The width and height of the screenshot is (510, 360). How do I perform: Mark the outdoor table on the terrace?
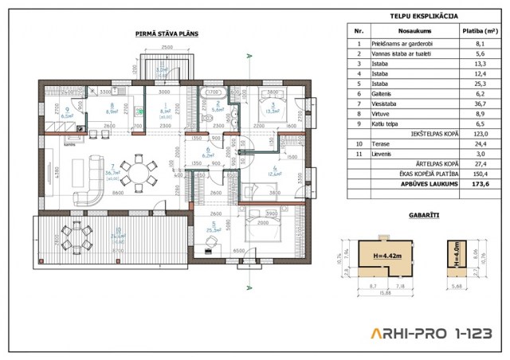77,235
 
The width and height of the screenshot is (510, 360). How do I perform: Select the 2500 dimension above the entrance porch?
168,49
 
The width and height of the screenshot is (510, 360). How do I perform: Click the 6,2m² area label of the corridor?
210,156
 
